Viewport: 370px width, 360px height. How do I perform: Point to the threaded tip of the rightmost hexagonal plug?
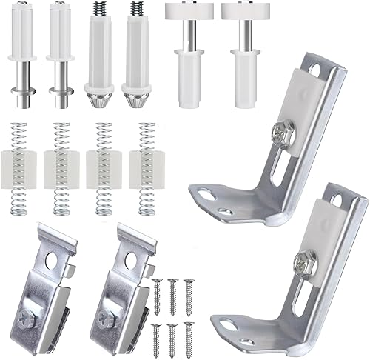point(135,11)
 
